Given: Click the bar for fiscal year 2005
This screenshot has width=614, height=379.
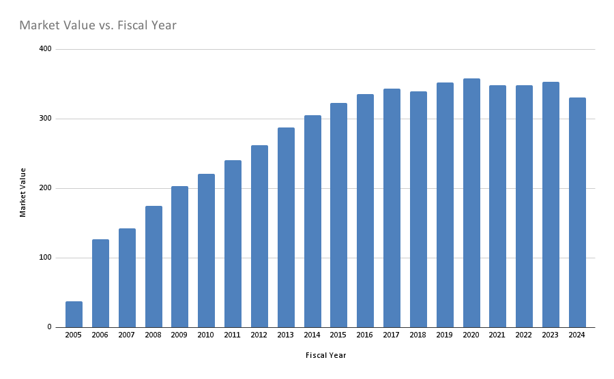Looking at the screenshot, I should point(74,314).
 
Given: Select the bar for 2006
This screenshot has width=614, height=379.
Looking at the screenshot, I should point(100,283).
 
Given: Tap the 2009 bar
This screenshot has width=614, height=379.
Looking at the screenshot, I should point(179,257).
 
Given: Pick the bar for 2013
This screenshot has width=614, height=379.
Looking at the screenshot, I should point(286,228).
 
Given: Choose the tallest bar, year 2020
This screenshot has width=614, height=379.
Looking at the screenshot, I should point(471,203).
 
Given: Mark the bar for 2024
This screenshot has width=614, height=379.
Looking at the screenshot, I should point(577,213).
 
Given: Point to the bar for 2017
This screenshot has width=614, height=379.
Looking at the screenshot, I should point(392,208).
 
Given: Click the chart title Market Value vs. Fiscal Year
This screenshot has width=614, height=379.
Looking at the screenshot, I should point(98,26).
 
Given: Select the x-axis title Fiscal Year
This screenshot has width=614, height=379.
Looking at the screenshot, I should point(325,355).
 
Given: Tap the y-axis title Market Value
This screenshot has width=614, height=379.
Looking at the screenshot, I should point(23,192).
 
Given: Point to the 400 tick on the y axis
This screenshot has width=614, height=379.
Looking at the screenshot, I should point(45,49).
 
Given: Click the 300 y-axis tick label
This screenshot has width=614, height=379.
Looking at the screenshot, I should point(45,119).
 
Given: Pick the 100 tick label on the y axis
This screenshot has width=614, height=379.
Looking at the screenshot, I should point(45,258).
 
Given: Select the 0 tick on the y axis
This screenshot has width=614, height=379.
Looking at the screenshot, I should point(49,327).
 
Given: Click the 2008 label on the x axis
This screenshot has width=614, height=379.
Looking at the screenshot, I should point(153,335).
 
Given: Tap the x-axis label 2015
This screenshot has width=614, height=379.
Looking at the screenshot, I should point(339,335).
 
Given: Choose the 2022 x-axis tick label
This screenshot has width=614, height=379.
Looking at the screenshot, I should point(524,335).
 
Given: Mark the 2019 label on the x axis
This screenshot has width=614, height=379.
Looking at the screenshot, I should point(445,335).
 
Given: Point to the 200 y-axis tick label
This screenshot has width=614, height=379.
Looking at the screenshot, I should point(45,188).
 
